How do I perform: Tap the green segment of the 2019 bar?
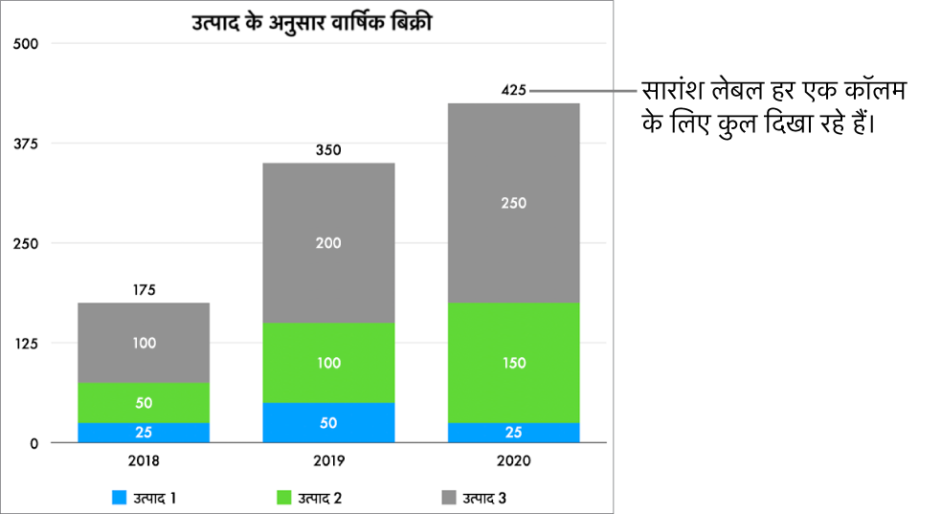pyautogui.click(x=328, y=363)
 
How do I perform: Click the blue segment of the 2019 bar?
pyautogui.click(x=328, y=423)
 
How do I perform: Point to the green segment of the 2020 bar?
pyautogui.click(x=513, y=363)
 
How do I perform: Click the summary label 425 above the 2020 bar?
pyautogui.click(x=514, y=91)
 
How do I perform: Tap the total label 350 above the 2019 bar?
pyautogui.click(x=328, y=150)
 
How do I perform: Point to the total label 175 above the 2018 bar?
pyautogui.click(x=144, y=290)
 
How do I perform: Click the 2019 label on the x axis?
pyautogui.click(x=328, y=460)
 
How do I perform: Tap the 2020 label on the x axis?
pyautogui.click(x=513, y=460)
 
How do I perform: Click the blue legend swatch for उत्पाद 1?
pyautogui.click(x=120, y=498)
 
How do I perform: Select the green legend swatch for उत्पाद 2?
pyautogui.click(x=283, y=498)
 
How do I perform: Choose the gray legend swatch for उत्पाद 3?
pyautogui.click(x=448, y=498)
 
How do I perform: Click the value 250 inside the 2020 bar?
pyautogui.click(x=513, y=203)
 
